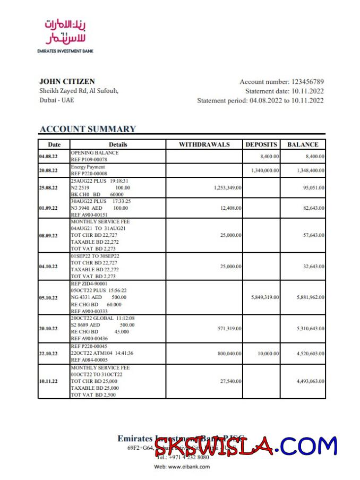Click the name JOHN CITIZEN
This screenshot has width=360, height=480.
67,81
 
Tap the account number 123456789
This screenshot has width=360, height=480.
307,82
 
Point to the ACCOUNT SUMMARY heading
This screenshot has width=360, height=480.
88,128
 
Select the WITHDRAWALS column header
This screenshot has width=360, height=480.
204,144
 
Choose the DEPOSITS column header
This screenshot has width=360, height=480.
261,144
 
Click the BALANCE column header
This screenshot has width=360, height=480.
303,144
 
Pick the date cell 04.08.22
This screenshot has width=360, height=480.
48,157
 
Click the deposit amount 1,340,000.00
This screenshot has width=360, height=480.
265,170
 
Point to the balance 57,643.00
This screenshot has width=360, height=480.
311,235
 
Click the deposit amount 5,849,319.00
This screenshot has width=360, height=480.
265,297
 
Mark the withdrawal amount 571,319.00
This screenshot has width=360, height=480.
227,329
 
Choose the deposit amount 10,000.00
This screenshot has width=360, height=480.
268,353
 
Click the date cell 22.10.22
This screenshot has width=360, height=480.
48,353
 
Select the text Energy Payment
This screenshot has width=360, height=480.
88,167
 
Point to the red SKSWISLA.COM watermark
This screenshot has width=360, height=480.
246,446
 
